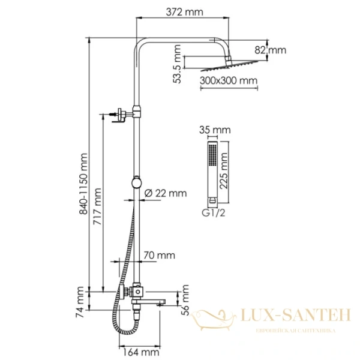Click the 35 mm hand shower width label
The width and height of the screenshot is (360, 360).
[214, 130]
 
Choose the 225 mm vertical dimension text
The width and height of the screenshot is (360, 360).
[224, 170]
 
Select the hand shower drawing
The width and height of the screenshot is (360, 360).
[211, 171]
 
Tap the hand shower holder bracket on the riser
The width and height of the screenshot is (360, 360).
[137, 182]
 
